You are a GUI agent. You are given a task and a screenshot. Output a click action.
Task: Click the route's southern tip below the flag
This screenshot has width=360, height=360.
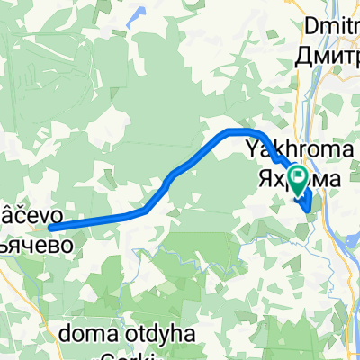[x=310, y=211]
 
